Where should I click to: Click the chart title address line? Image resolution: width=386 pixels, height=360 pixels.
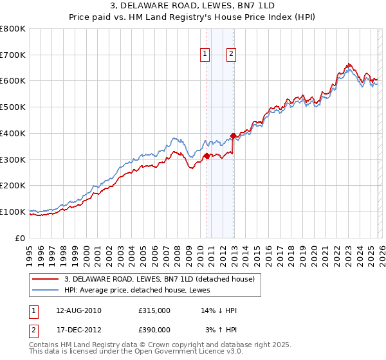click(x=193, y=6)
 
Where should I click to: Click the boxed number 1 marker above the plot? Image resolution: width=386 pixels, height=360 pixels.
click(x=205, y=55)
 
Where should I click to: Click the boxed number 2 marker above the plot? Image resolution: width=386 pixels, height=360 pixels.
click(x=231, y=55)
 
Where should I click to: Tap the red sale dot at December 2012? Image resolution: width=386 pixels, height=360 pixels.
click(x=233, y=136)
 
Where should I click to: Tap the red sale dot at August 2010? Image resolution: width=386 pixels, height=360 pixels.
click(x=207, y=156)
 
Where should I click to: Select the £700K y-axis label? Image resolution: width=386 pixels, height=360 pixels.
click(x=13, y=55)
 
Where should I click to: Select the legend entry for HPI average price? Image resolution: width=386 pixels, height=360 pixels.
click(x=142, y=291)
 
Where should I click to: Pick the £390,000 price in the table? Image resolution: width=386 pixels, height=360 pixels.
click(x=154, y=330)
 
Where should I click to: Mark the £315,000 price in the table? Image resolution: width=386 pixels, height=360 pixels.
click(x=154, y=310)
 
